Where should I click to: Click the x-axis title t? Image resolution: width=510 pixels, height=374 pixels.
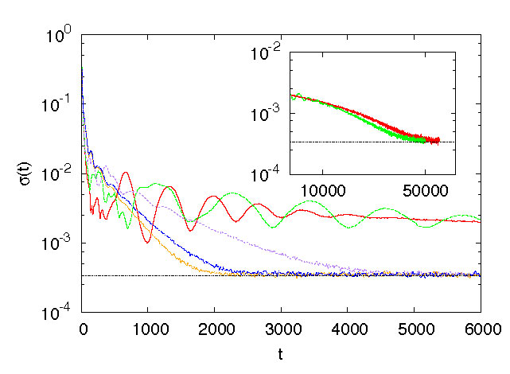pyautogui.click(x=280, y=356)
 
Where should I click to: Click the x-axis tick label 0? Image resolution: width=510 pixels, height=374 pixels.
pyautogui.click(x=83, y=328)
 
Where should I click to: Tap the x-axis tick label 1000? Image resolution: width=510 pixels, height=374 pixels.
pyautogui.click(x=149, y=328)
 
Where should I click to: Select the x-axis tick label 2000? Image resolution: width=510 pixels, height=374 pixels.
pyautogui.click(x=215, y=328)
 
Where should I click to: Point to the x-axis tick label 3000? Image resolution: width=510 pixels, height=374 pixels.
pyautogui.click(x=282, y=328)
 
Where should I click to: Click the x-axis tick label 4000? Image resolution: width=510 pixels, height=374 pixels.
pyautogui.click(x=348, y=328)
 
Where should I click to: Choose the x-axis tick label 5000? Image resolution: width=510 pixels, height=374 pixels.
pyautogui.click(x=414, y=328)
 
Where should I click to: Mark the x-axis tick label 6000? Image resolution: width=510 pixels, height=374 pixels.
pyautogui.click(x=480, y=328)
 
